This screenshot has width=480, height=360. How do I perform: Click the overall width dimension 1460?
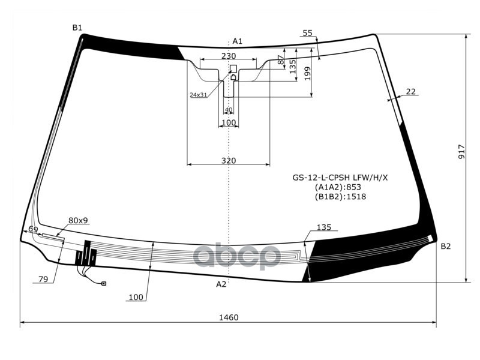(229, 317)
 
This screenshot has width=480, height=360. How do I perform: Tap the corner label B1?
(77, 28)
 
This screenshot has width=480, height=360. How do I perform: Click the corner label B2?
(446, 247)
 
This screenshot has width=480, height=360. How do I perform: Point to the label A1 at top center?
(238, 41)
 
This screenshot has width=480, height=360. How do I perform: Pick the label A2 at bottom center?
(221, 284)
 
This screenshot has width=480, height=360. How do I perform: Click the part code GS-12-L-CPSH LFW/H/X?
(340, 178)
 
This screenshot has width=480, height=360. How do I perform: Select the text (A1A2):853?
(340, 187)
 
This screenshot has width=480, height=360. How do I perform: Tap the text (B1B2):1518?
(340, 196)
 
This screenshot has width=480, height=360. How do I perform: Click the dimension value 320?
(229, 160)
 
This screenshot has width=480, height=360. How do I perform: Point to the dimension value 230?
(229, 56)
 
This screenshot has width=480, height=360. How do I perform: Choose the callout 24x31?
(198, 95)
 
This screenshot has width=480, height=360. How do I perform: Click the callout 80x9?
(78, 221)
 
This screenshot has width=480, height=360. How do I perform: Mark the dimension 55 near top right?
(308, 33)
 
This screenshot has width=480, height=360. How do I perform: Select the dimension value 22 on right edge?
(411, 91)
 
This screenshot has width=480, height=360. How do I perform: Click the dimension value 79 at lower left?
(43, 279)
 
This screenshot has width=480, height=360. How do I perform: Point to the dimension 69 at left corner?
(33, 229)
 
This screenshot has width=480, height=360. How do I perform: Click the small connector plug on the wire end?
(104, 283)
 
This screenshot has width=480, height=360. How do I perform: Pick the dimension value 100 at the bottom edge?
(136, 297)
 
